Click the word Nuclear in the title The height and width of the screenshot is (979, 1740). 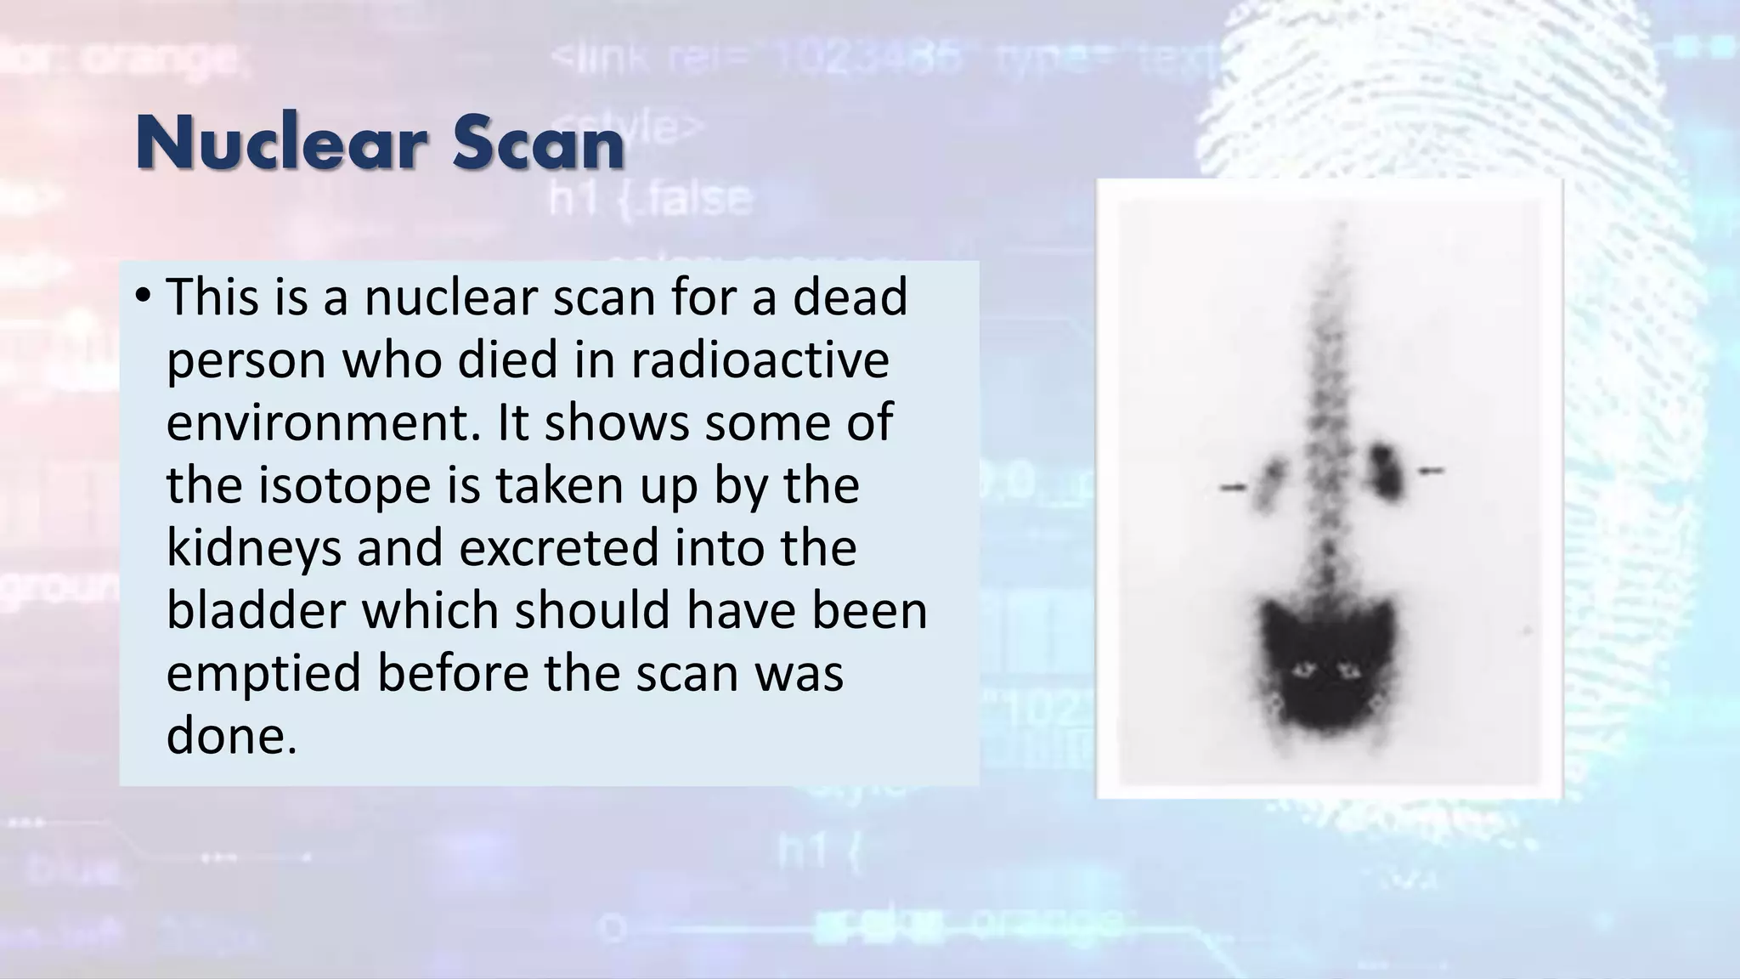coord(284,144)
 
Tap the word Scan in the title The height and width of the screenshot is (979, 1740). coord(540,144)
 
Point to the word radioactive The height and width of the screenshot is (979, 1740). coord(760,359)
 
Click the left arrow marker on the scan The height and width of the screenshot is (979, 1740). coord(1233,488)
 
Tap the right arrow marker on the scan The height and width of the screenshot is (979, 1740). coord(1432,470)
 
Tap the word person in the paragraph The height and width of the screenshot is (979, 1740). coord(246,361)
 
